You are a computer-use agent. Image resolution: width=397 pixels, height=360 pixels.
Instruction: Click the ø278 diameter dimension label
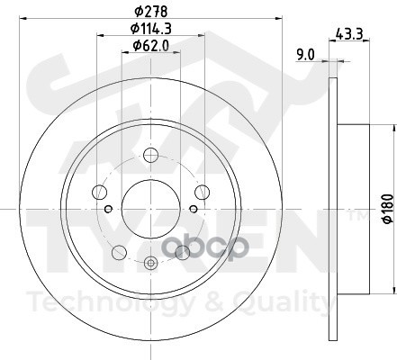tap(150, 12)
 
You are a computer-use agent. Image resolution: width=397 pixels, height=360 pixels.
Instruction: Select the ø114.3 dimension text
tap(150, 29)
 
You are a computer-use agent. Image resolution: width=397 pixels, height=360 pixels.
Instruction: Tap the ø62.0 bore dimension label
tap(151, 46)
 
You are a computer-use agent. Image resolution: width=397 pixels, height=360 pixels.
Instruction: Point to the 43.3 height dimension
tap(349, 33)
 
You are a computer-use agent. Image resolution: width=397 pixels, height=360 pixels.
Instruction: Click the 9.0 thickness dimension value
tap(305, 55)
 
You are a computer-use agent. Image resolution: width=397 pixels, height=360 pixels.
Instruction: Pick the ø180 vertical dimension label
tap(388, 209)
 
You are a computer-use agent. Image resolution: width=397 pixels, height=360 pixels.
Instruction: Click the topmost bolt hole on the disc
tap(150, 155)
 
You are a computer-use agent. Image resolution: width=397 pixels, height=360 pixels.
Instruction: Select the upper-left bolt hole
tap(99, 192)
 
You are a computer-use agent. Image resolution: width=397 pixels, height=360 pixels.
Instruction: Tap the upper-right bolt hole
tap(202, 192)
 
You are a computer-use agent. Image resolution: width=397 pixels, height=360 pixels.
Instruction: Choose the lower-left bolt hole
tap(119, 252)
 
